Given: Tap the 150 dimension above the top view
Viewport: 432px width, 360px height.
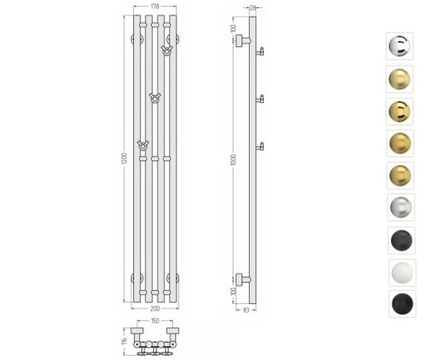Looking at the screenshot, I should pyautogui.click(x=154, y=321).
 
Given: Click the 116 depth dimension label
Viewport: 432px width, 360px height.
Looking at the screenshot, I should pyautogui.click(x=124, y=338).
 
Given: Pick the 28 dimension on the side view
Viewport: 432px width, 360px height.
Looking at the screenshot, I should pyautogui.click(x=253, y=7).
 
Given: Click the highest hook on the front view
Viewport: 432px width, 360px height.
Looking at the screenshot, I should pyautogui.click(x=167, y=50).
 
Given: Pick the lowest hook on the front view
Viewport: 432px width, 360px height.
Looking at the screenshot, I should pyautogui.click(x=143, y=145).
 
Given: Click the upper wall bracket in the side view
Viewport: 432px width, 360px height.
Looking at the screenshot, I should pyautogui.click(x=244, y=41).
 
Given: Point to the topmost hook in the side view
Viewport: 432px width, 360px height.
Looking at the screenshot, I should pyautogui.click(x=262, y=50).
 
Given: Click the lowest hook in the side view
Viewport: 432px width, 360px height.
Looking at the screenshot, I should pyautogui.click(x=262, y=146).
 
